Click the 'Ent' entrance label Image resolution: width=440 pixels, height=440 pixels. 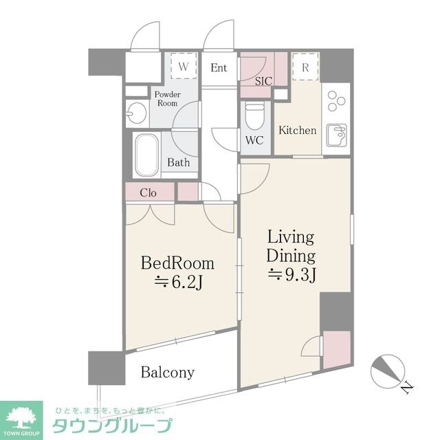[x=219, y=67]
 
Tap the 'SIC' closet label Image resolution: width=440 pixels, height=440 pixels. [x=263, y=81]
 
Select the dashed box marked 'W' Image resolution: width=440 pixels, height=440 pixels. [x=184, y=67]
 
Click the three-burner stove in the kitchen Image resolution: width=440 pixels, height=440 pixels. [x=336, y=101]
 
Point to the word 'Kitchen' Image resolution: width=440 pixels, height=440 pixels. [x=297, y=130]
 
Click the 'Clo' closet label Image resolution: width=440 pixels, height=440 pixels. [x=148, y=192]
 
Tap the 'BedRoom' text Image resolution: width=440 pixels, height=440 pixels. [x=177, y=263]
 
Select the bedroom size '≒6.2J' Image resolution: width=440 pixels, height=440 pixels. [x=177, y=282]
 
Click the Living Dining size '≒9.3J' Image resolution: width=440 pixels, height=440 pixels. [x=290, y=276]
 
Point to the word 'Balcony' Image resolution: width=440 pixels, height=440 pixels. [x=168, y=373]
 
